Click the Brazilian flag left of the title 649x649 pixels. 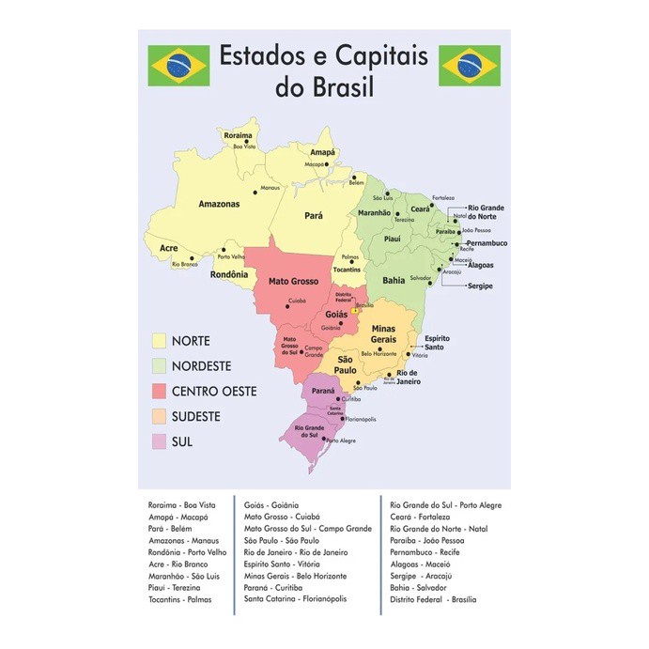click(178, 65)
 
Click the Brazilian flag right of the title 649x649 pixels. click(470, 65)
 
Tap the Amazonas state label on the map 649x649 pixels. click(219, 204)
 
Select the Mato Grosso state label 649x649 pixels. click(292, 281)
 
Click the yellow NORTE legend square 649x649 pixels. click(160, 340)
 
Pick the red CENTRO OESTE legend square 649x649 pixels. click(160, 391)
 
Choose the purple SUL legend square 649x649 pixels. click(160, 441)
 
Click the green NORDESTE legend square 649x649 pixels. click(160, 365)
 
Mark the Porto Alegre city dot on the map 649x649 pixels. click(324, 439)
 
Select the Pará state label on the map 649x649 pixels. click(314, 215)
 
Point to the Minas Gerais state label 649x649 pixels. click(383, 333)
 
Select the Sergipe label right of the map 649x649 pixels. click(479, 286)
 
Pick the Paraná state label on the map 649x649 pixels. click(323, 388)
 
